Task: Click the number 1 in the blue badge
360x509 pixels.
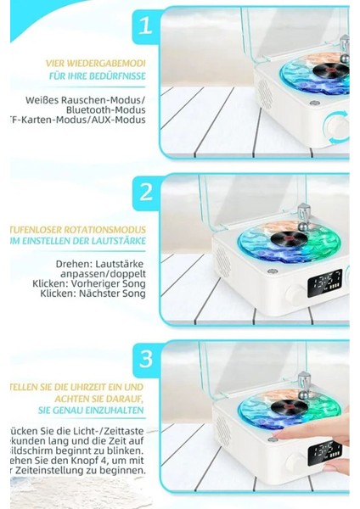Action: pos(146,25)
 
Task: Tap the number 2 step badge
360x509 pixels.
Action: pos(146,193)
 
